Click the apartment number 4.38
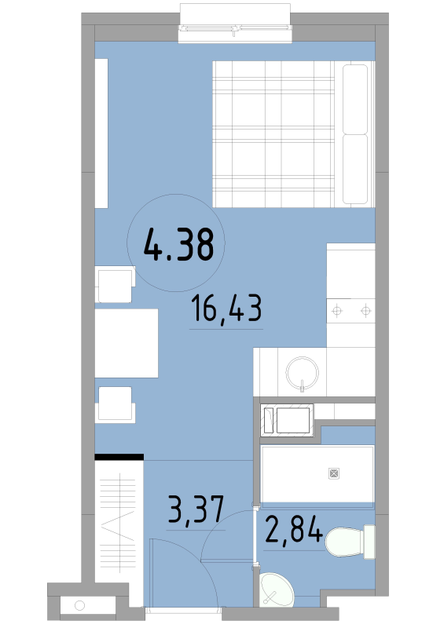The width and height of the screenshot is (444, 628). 178,244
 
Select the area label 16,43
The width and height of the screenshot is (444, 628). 226,308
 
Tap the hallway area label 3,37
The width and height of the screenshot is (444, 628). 196,509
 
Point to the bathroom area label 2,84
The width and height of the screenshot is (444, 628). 294,529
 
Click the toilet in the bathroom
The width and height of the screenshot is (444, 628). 350,542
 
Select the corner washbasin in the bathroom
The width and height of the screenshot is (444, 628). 276,590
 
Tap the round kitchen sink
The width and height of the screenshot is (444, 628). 302,373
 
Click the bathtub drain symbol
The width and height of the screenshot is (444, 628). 334,473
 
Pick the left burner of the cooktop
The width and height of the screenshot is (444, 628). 337,310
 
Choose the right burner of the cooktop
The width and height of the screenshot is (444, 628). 365,310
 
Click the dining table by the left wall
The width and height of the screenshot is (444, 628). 127,343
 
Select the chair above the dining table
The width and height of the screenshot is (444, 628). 115,284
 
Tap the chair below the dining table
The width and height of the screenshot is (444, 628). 115,404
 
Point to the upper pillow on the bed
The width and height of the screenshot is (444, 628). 355,99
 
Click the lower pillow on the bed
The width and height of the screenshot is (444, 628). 355,169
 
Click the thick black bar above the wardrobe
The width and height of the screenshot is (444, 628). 119,457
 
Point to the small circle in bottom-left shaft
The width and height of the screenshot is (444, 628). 79,605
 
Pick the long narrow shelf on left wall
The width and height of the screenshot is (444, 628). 101,133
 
